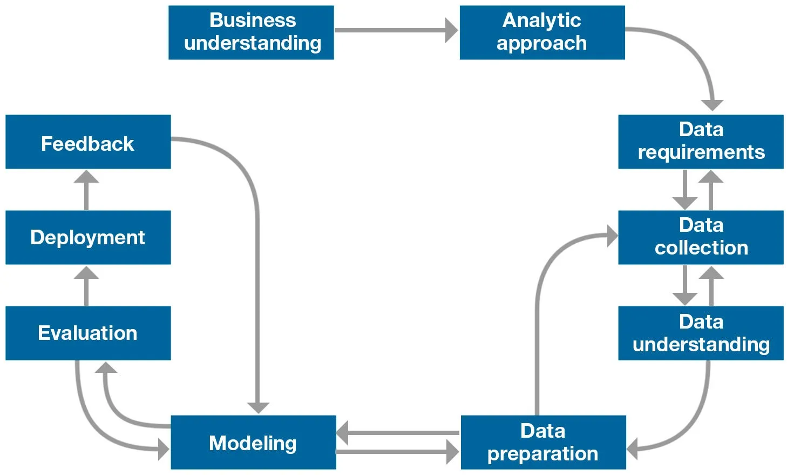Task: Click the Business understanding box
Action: pos(251,32)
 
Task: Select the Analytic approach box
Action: pos(542,32)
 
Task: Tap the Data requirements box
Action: pos(701,142)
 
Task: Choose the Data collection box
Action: pos(701,237)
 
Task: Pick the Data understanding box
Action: pos(701,333)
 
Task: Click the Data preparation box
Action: pos(543,442)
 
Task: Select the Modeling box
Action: pos(253,442)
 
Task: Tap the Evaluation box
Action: pos(88,333)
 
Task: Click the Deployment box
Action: pos(88,237)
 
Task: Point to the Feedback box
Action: pos(88,142)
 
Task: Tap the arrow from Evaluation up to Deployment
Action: pos(86,286)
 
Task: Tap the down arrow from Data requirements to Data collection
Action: pos(685,190)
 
